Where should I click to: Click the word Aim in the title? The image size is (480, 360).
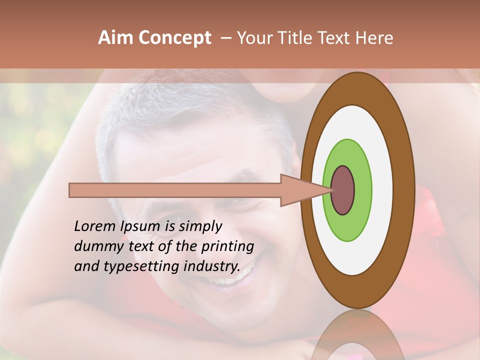point(115,38)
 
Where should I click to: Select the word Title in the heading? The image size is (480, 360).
point(298,38)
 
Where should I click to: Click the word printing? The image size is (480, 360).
point(227,246)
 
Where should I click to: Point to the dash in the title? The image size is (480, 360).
point(225,38)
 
